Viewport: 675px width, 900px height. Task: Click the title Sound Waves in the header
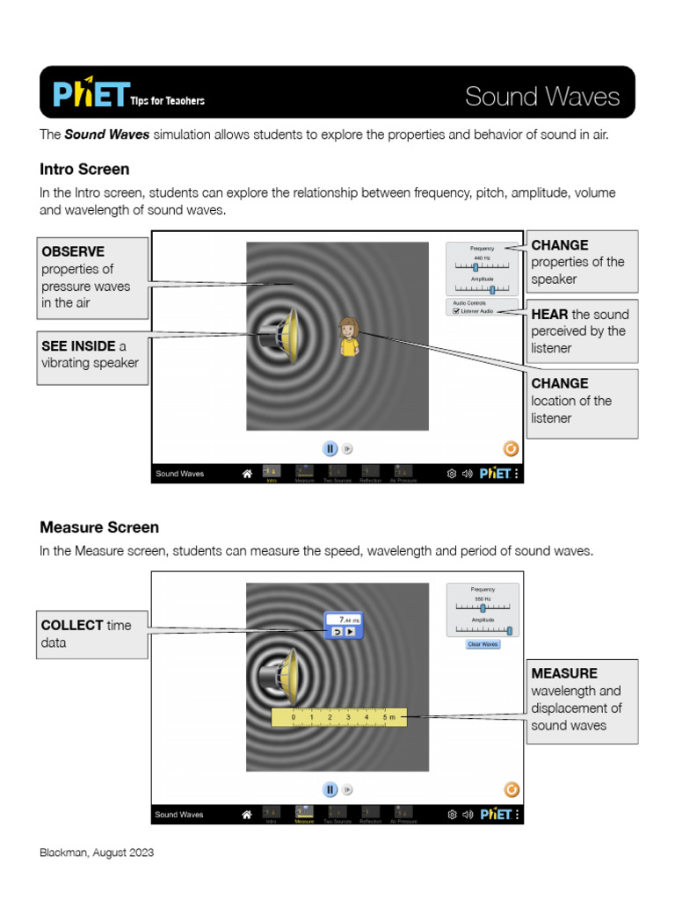click(x=542, y=97)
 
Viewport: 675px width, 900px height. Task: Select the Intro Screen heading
click(x=84, y=169)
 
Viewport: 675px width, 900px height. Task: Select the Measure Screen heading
click(x=99, y=527)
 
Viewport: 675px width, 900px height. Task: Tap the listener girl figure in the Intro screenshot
click(x=349, y=337)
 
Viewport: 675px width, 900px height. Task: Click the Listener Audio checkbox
click(x=457, y=311)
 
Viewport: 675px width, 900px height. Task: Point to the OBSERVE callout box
click(x=92, y=278)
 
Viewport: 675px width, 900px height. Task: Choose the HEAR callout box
click(x=582, y=331)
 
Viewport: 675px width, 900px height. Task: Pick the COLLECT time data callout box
click(x=91, y=634)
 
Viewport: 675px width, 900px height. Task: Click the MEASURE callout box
click(x=582, y=700)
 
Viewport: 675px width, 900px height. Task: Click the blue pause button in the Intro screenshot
click(x=330, y=448)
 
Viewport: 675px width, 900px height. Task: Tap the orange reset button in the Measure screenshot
click(x=512, y=789)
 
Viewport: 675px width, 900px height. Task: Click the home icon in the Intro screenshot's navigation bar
click(x=247, y=474)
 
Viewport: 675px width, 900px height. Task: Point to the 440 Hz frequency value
click(x=482, y=258)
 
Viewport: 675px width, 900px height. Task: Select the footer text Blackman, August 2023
click(x=97, y=853)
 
